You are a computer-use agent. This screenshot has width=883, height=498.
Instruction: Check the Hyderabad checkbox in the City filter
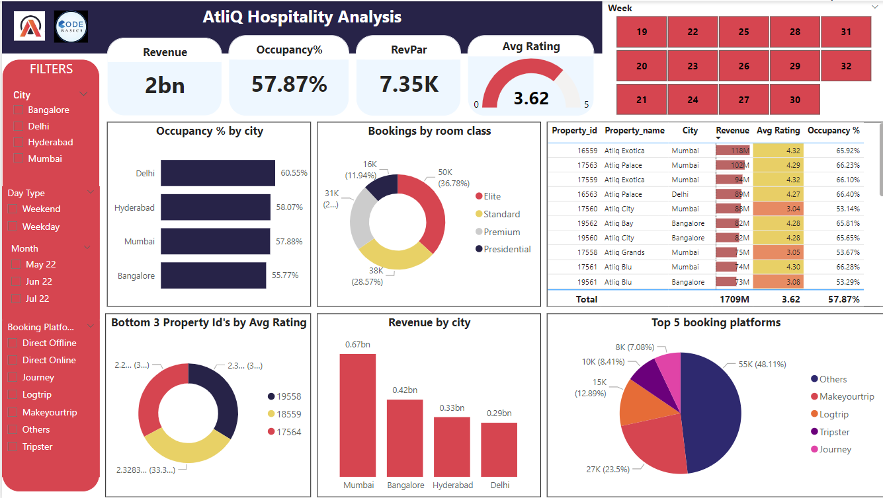coord(19,143)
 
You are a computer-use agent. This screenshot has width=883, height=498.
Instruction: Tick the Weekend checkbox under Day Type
coord(13,209)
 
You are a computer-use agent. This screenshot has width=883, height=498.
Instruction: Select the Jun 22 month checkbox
coord(16,282)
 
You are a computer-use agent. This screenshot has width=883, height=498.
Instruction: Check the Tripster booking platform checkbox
coord(13,447)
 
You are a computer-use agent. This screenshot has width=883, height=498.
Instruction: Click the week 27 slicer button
coord(743,100)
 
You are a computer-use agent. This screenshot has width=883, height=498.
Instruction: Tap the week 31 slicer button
coord(846,32)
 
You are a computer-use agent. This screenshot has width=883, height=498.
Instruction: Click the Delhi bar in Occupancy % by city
coord(218,173)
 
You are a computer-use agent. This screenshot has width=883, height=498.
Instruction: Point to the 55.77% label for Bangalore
coord(285,275)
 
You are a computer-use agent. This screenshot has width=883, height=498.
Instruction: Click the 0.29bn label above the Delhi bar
coord(499,413)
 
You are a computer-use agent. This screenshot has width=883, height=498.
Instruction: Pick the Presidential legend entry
coord(507,249)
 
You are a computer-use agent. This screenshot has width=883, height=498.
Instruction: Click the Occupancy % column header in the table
coord(833,131)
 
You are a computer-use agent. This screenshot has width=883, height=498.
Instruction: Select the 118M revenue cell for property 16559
coord(732,151)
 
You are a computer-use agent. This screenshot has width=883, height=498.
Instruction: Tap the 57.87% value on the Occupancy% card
coord(289,84)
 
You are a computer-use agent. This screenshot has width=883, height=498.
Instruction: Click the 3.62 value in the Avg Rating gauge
coord(531,98)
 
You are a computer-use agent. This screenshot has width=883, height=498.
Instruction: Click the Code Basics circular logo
coord(71,28)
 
